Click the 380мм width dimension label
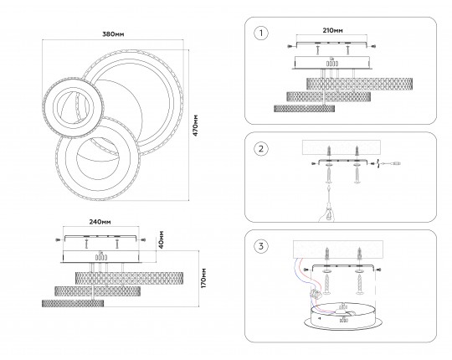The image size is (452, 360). point(113,34)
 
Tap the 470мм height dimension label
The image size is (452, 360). point(196,126)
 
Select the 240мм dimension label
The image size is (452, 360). point(100,222)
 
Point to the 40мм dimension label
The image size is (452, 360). point(162,239)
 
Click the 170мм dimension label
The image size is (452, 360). point(203,278)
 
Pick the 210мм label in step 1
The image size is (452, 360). point(333,30)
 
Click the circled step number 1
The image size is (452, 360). point(261,33)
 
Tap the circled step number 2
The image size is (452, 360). point(261,149)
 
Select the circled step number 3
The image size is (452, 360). point(261,246)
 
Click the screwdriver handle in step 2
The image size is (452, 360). point(328,213)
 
